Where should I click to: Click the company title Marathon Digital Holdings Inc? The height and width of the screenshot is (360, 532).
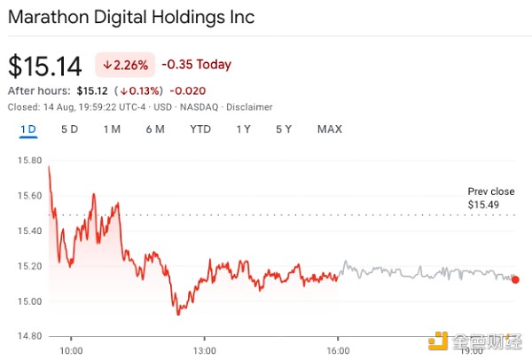pos(131,17)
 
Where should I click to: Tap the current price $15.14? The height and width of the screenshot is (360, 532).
pos(44,66)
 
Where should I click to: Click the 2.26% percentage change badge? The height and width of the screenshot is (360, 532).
pos(125,65)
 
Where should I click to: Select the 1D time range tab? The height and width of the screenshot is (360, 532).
pos(28,129)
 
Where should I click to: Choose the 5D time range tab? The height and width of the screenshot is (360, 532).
pos(69,129)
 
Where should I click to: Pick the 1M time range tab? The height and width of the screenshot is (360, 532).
pos(112,129)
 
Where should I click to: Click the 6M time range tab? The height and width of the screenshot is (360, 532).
pos(155,129)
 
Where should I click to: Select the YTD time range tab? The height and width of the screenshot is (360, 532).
pos(200,129)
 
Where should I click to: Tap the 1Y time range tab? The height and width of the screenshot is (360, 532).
pos(243,129)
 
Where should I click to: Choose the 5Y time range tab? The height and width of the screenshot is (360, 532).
pos(284,129)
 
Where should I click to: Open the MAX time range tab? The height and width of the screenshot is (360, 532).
pos(329,129)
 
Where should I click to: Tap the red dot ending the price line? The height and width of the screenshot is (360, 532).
pos(516,279)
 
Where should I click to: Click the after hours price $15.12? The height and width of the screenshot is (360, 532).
pos(92,90)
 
